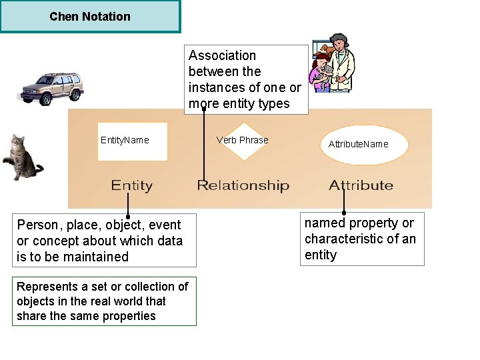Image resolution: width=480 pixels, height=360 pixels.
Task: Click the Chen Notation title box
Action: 90,17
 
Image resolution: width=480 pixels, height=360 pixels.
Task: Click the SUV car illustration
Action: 52,88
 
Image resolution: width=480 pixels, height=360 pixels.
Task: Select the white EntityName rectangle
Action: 132,141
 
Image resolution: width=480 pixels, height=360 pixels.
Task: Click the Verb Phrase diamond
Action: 243,141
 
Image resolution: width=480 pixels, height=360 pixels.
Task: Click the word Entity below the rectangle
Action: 131,185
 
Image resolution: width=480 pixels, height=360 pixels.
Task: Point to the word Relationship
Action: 243,185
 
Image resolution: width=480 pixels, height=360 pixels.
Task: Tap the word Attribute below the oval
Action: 361,185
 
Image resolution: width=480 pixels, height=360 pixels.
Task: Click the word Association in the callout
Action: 222,56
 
